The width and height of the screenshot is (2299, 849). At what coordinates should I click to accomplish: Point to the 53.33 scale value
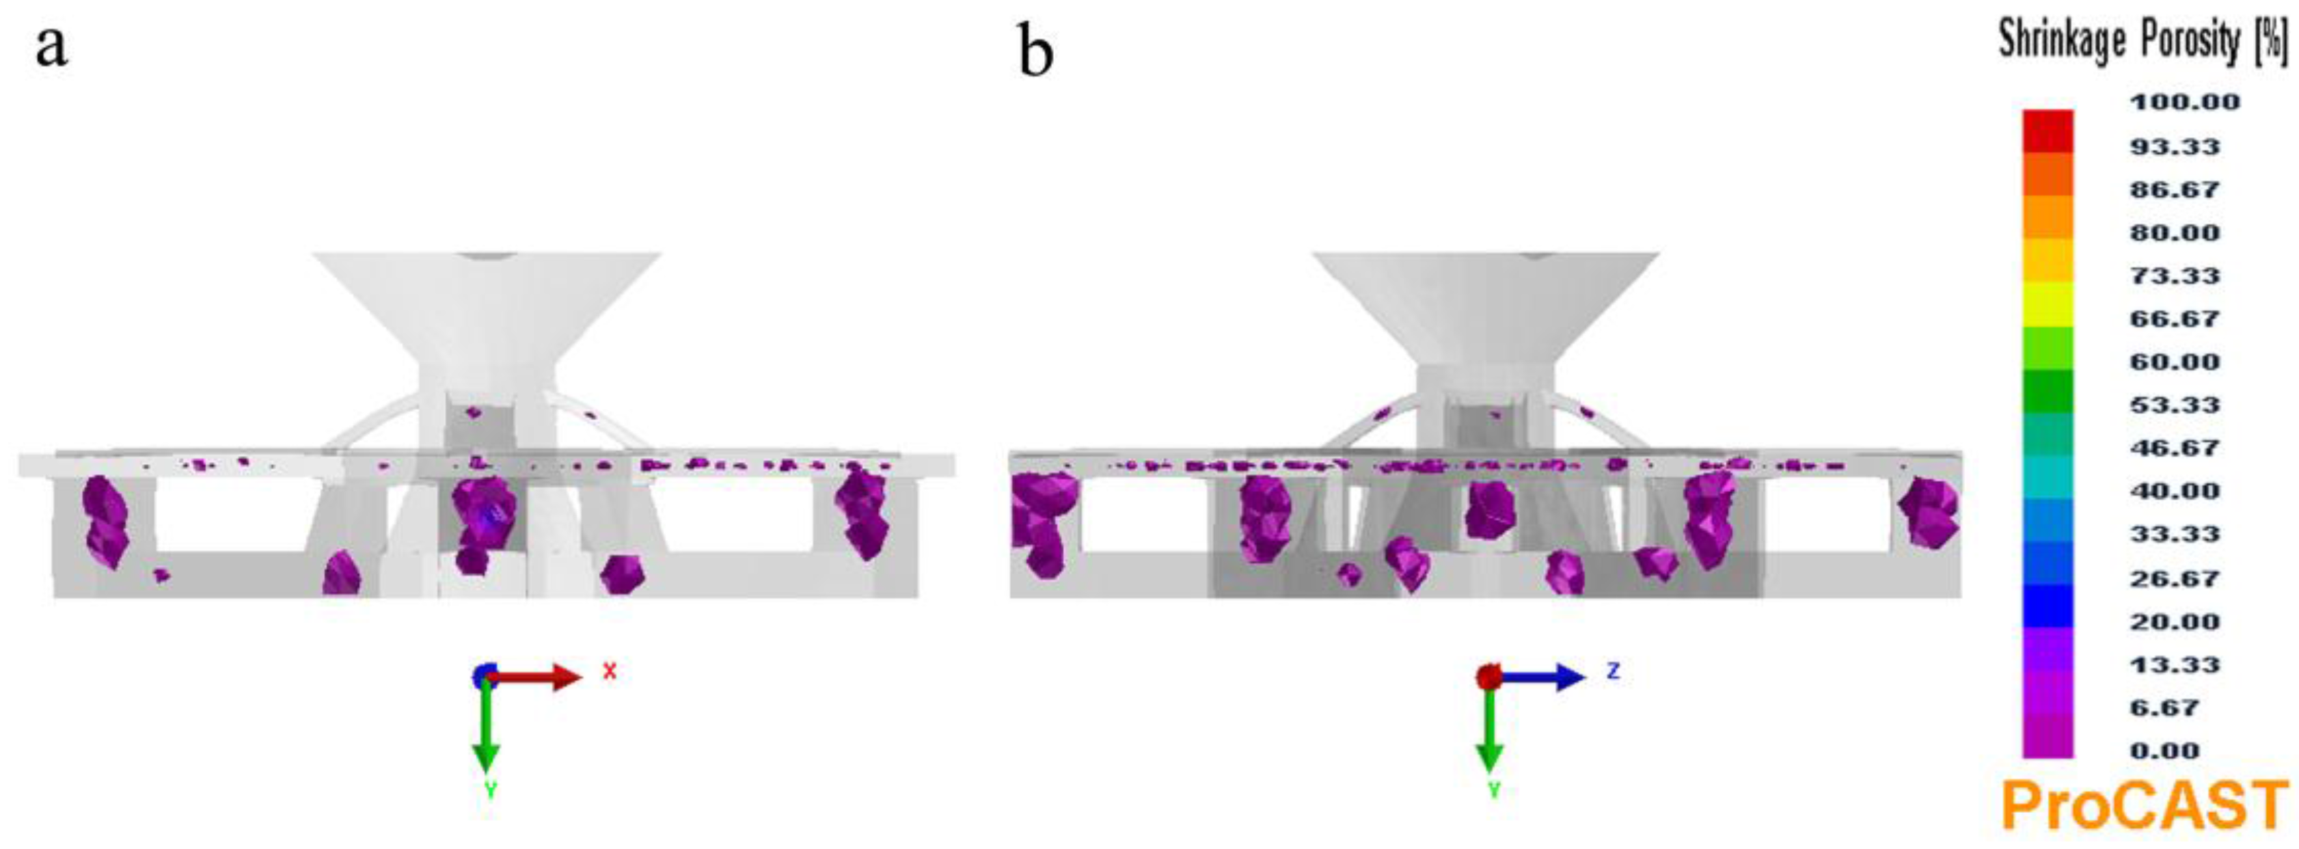[x=2175, y=405]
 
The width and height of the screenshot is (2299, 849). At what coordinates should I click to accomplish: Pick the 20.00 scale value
[x=2175, y=621]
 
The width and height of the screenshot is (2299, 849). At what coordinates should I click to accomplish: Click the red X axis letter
[x=610, y=671]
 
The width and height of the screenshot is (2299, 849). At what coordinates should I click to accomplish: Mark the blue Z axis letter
[x=1613, y=671]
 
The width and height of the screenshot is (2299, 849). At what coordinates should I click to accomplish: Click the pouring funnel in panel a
[x=487, y=304]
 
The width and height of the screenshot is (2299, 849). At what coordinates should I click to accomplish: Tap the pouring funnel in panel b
[x=1486, y=304]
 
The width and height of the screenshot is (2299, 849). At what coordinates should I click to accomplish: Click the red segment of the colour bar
[x=2048, y=131]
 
